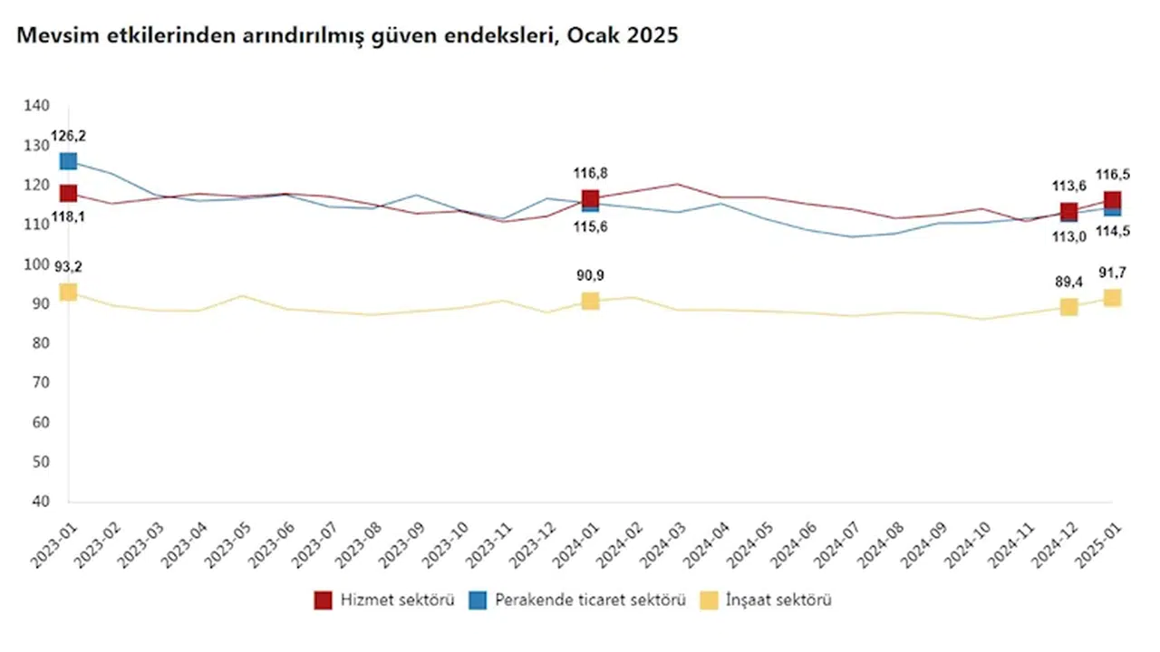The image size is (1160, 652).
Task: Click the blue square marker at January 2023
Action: click(68, 161)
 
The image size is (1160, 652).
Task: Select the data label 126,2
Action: click(68, 139)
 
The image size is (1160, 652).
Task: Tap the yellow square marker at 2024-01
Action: click(590, 301)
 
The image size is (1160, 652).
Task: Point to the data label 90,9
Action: click(590, 276)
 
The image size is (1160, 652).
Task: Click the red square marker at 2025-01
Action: click(1112, 200)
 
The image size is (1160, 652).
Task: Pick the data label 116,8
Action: click(590, 172)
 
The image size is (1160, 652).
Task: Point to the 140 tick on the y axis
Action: click(37, 106)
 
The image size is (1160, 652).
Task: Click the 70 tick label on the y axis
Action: click(41, 383)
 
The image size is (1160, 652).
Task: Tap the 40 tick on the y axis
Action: click(41, 502)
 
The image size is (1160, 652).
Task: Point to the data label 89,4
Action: click(1068, 283)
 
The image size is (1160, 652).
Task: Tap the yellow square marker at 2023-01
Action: click(68, 292)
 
